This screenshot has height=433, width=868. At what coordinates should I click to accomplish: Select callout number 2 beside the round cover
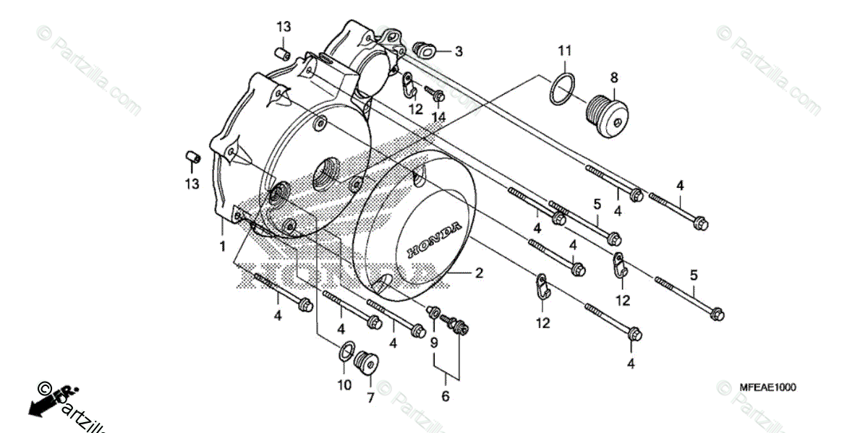point(478,274)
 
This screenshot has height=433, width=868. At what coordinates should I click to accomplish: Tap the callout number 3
point(459,51)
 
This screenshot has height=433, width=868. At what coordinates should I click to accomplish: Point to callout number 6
point(446,396)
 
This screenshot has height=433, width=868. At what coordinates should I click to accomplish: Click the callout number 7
point(370,398)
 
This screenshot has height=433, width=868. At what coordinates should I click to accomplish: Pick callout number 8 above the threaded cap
point(613,77)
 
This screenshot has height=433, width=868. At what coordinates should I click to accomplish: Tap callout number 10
point(344,385)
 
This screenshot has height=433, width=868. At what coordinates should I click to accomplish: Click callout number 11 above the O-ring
point(564,50)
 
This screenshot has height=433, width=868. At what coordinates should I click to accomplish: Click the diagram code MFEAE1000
point(767,387)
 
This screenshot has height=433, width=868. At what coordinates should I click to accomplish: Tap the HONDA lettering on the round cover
point(433,241)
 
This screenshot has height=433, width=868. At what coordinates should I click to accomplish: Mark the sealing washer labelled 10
point(346,353)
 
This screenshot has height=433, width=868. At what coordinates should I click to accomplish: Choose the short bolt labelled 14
point(435,93)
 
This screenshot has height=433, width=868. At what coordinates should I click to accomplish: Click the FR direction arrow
point(45,401)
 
